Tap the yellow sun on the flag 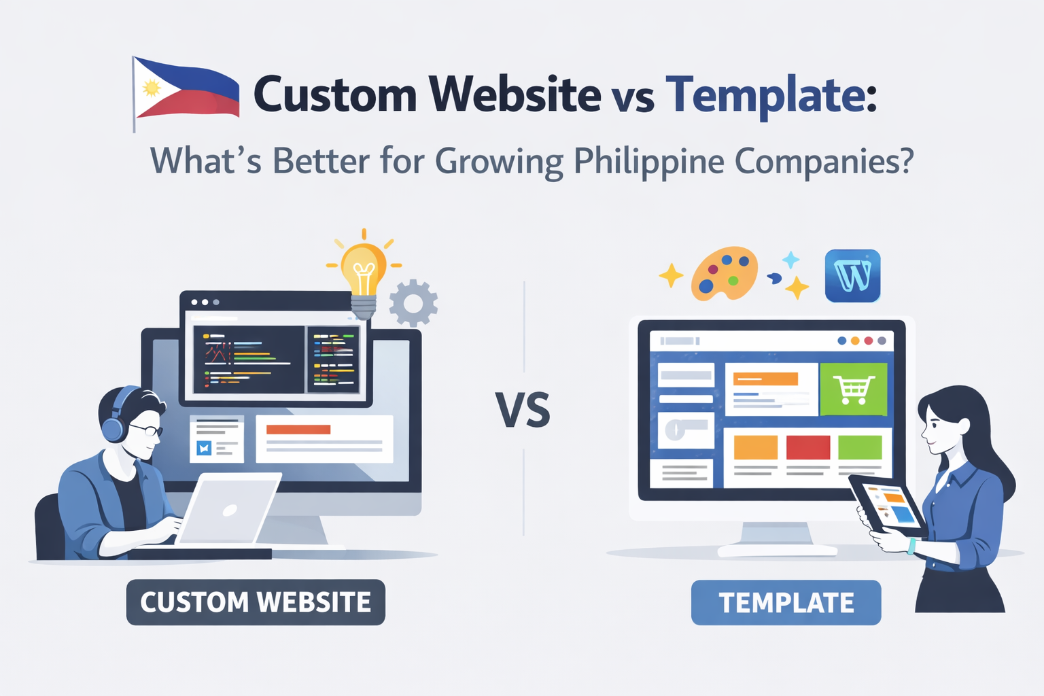pos(152,88)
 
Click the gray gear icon pos(413,303)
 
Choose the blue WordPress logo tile pos(852,275)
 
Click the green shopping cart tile pos(854,389)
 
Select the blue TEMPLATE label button pos(786,602)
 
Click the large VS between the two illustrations pos(523,411)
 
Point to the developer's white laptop pos(228,508)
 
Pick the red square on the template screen pos(807,447)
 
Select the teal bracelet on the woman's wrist pos(911,546)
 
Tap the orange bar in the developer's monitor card pos(298,430)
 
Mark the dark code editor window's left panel pos(248,360)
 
